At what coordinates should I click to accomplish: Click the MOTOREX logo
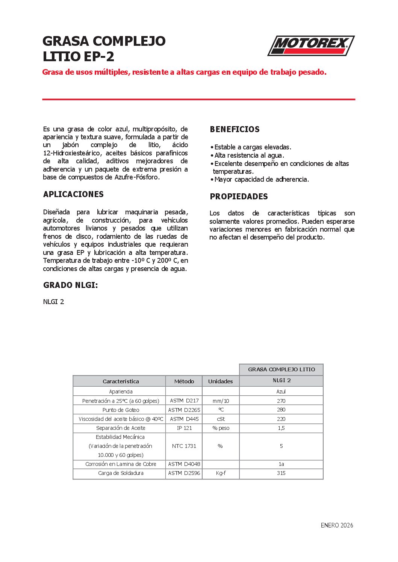point(311,46)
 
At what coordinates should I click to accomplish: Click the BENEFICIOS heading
point(235,130)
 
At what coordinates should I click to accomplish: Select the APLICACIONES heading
point(73,194)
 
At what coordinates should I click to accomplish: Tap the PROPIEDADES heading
point(239,197)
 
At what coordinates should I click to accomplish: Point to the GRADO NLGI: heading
point(70,285)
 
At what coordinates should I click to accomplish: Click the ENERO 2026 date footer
point(337,525)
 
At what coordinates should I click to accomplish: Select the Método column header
point(184,381)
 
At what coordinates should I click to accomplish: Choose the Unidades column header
point(220,381)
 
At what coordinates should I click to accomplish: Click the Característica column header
point(121,381)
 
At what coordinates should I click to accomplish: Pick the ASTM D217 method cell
point(184,401)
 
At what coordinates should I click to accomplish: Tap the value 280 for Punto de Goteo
point(281,410)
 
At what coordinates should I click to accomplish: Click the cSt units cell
point(221,419)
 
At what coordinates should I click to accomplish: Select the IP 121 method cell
point(184,428)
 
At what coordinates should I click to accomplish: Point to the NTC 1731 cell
point(184,446)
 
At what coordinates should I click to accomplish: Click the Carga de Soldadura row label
point(121,473)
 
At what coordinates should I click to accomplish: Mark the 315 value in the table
point(281,473)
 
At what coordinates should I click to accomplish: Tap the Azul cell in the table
point(281,392)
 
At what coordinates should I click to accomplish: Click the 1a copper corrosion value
point(281,464)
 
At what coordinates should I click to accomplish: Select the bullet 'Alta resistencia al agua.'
point(249,155)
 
